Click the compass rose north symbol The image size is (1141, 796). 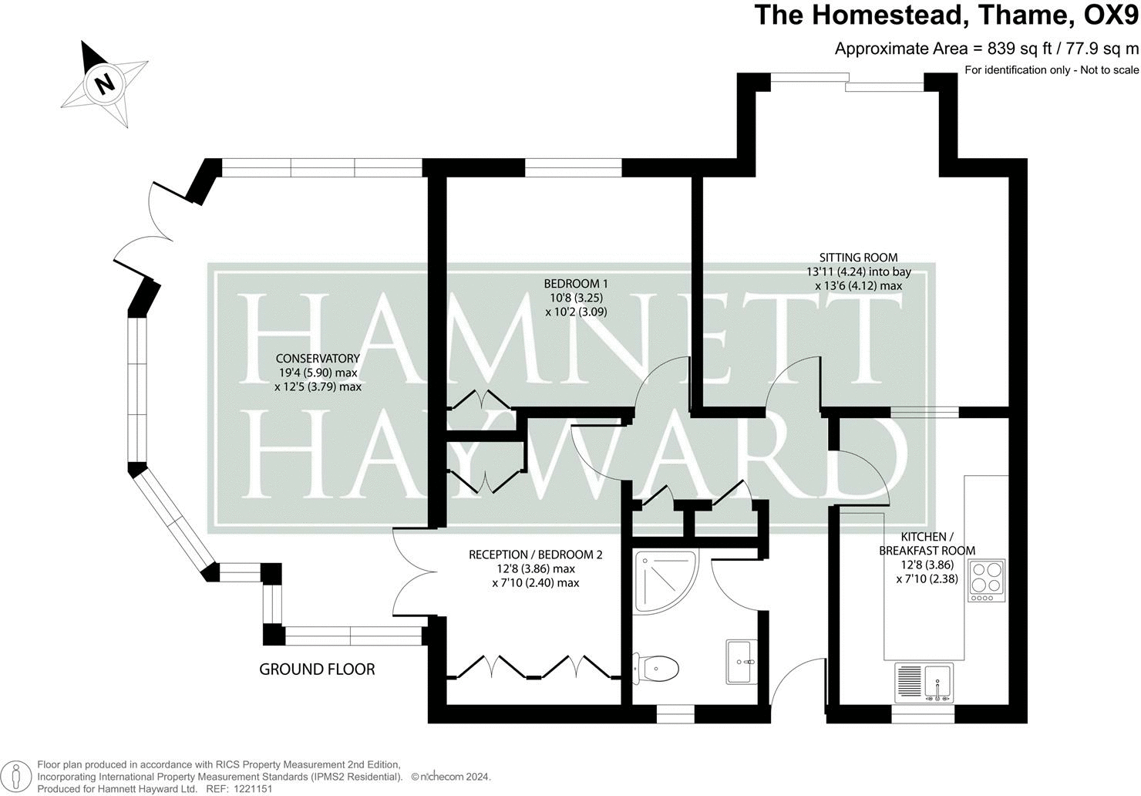point(104,83)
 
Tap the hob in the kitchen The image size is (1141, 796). point(986,579)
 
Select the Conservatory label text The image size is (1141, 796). point(318,358)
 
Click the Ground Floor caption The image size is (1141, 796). point(317,669)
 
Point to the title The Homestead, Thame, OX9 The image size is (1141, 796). point(945,15)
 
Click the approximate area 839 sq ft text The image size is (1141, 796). point(986,49)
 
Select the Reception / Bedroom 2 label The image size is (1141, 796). point(535,555)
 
